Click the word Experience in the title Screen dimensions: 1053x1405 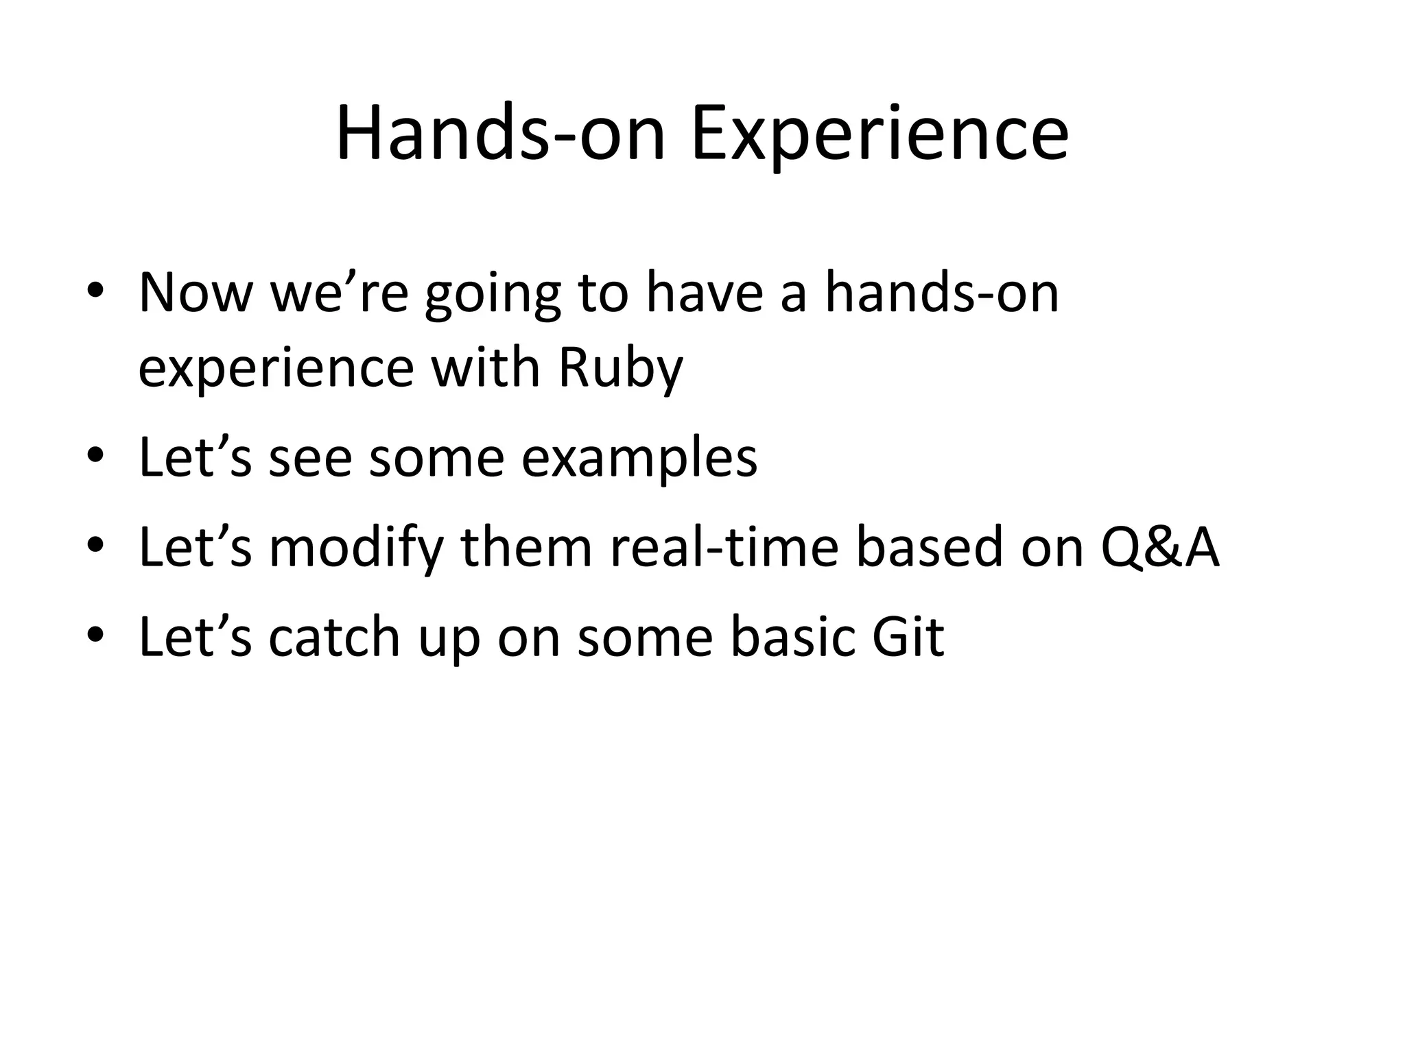(x=879, y=134)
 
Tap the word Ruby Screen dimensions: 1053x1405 (x=620, y=369)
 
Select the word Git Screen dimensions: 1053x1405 (x=908, y=638)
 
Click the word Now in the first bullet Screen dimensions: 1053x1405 (x=196, y=293)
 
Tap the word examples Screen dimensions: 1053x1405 (x=639, y=458)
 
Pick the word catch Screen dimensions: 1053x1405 (x=334, y=638)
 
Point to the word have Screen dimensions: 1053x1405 (x=705, y=293)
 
